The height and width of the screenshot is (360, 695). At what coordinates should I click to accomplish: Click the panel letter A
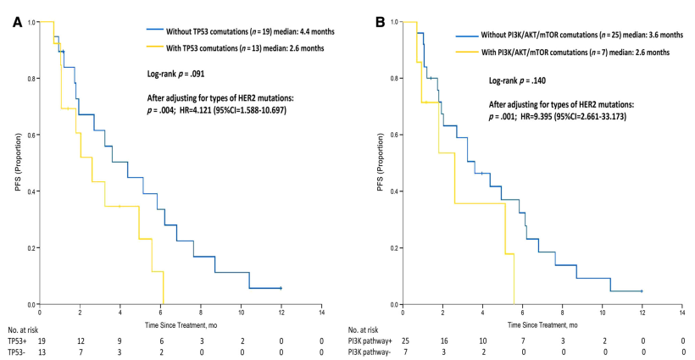(17, 23)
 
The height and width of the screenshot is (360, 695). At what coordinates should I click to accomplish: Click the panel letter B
(380, 23)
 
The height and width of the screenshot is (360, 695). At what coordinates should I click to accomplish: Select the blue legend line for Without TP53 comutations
(155, 31)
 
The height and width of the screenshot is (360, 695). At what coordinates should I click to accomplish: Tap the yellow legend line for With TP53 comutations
(155, 47)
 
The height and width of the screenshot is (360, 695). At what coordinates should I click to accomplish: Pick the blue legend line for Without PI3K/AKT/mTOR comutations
(467, 36)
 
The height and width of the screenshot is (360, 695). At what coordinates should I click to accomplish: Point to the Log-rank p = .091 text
(175, 74)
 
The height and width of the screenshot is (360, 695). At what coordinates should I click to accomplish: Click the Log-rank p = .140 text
(517, 80)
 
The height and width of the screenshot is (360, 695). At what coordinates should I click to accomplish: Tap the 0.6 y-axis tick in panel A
(31, 135)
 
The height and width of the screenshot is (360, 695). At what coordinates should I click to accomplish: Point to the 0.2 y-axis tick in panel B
(394, 248)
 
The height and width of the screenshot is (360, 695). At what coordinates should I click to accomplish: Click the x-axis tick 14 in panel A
(321, 313)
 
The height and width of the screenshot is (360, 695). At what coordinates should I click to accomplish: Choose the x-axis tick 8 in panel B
(562, 313)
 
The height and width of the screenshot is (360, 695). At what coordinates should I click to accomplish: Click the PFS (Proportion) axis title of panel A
(18, 163)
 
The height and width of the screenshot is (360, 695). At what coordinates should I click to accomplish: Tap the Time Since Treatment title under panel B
(542, 325)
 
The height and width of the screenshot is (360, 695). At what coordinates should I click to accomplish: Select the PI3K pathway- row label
(370, 352)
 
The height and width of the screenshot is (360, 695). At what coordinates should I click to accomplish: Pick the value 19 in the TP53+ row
(42, 341)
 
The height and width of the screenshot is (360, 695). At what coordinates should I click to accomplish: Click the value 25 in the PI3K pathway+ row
(405, 341)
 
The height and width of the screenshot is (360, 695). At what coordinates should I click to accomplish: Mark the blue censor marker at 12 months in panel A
(281, 288)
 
